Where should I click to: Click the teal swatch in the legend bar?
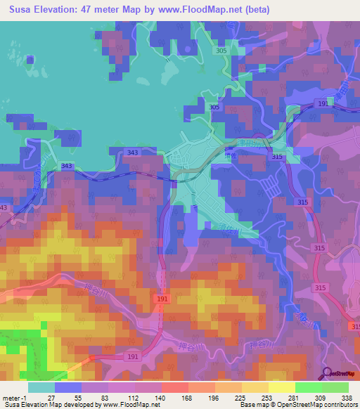(x=41, y=387)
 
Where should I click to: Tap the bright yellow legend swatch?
(x=281, y=387)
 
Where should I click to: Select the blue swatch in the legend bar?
(x=68, y=387)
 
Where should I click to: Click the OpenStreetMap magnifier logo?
(x=327, y=372)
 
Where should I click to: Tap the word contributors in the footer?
(x=341, y=405)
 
